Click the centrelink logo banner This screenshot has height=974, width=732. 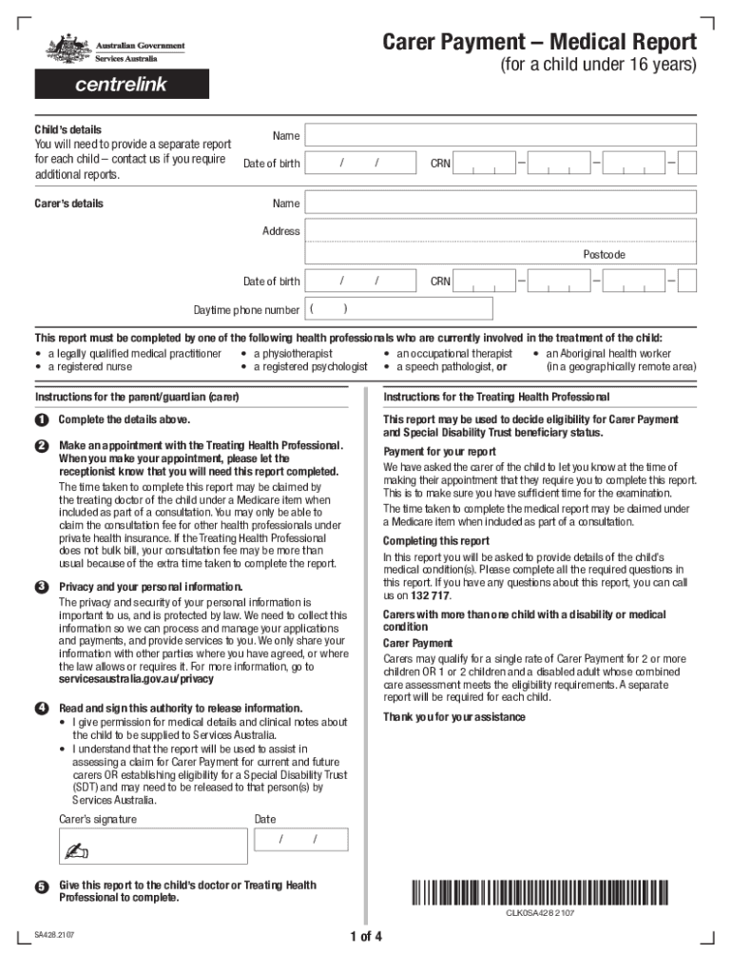tap(121, 84)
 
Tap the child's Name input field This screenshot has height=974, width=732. tap(501, 136)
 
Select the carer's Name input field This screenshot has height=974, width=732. tap(501, 204)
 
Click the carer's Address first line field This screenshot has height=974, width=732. tap(501, 231)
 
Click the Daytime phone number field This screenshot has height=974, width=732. tap(398, 309)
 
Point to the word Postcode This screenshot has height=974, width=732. tap(604, 255)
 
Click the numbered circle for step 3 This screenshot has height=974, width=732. tap(42, 586)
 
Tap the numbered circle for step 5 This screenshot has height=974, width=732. tap(42, 886)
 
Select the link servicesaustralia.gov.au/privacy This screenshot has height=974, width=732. tap(136, 679)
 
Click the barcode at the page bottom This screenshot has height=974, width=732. tap(539, 893)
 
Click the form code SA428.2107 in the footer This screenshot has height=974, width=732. tap(55, 936)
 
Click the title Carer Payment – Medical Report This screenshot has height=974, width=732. tap(539, 43)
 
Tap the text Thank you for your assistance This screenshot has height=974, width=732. tap(453, 716)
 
